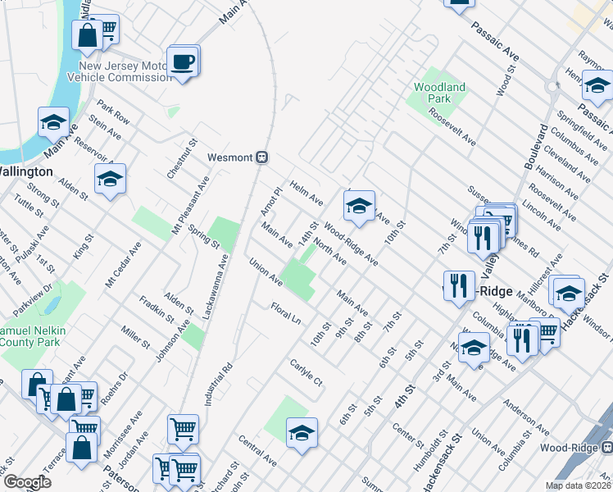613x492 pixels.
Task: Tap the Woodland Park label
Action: coord(439,93)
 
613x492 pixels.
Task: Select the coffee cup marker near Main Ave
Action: coord(182,61)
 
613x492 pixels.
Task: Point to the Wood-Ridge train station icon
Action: coord(607,448)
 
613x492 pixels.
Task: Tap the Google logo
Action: coord(27,483)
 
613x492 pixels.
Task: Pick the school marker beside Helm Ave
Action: coord(358,208)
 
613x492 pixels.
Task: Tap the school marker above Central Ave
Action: coord(302,434)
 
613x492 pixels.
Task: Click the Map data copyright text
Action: coord(578,485)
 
